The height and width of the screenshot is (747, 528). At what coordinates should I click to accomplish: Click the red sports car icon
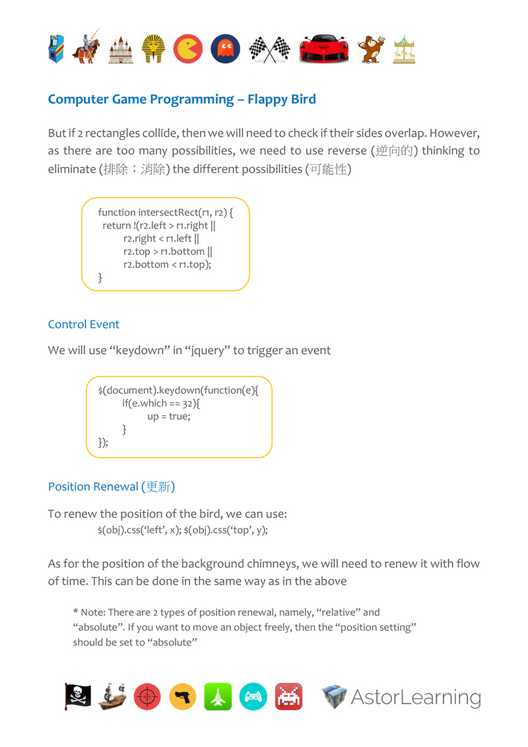click(x=324, y=50)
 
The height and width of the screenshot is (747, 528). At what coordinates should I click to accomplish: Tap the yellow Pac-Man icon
click(x=188, y=49)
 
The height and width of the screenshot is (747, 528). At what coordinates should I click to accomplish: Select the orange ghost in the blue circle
click(x=225, y=49)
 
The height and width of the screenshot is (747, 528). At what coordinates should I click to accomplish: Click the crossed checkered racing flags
click(x=269, y=49)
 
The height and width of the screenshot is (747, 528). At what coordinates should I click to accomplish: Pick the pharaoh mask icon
click(x=152, y=49)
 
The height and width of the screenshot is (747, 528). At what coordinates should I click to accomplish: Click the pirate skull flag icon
click(x=79, y=696)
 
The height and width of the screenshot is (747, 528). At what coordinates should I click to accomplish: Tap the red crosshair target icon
click(x=147, y=697)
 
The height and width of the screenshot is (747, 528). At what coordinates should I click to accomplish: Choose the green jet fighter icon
click(x=218, y=697)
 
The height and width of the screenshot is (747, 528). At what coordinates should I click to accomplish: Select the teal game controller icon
click(x=253, y=697)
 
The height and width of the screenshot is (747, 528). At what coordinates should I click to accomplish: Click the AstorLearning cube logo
click(x=335, y=697)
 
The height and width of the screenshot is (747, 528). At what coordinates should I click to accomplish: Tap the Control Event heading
click(x=84, y=324)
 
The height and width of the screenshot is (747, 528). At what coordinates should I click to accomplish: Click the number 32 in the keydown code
click(x=188, y=404)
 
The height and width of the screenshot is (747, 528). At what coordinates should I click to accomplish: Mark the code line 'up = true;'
click(x=168, y=417)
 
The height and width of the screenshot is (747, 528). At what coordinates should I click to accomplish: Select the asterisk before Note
click(x=75, y=612)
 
